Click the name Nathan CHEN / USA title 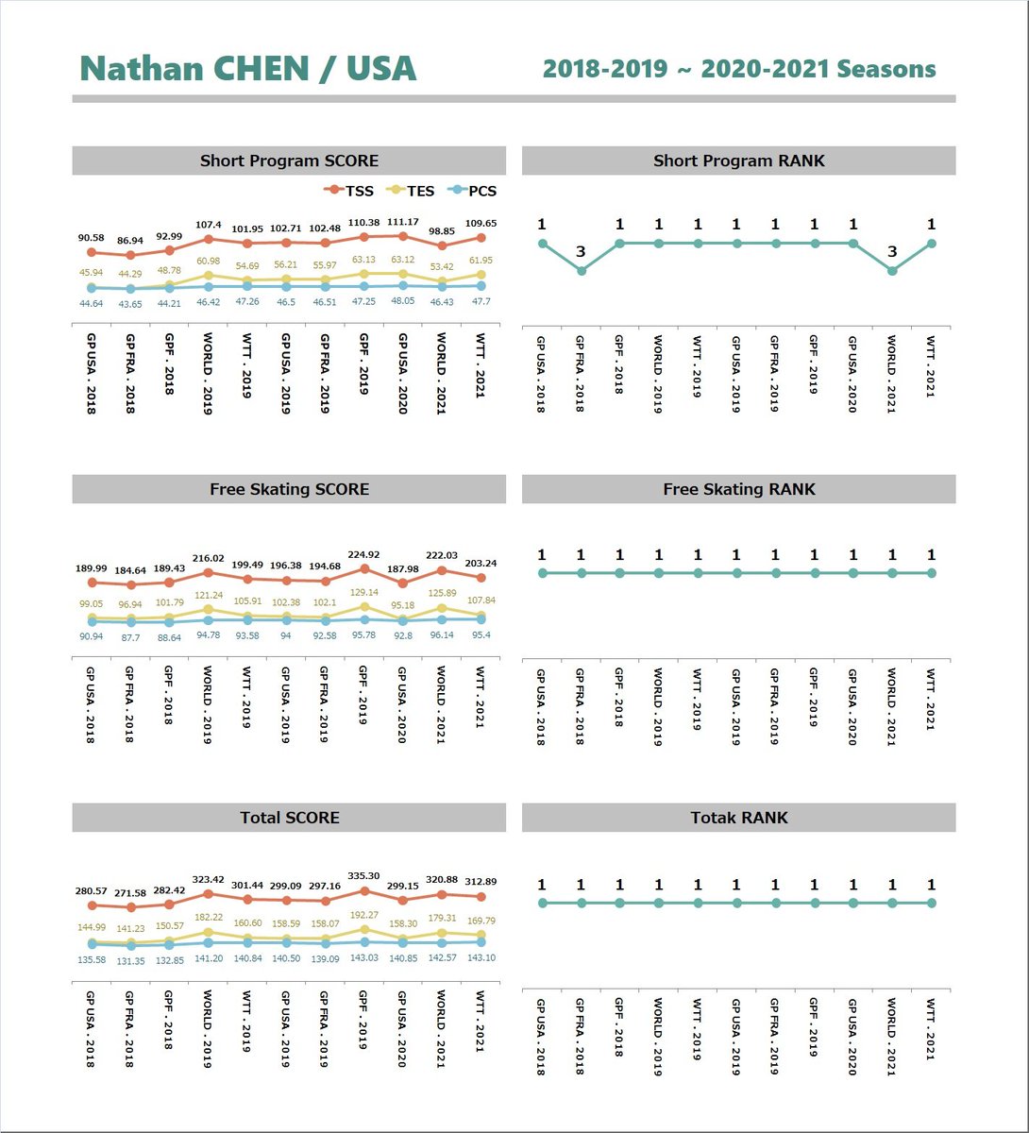(x=248, y=69)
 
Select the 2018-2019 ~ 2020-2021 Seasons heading (x=739, y=69)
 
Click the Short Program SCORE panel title (x=289, y=161)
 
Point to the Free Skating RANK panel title (x=738, y=489)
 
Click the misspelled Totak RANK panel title (x=738, y=818)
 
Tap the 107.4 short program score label (x=208, y=225)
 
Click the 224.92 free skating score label (x=363, y=555)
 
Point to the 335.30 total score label (x=363, y=876)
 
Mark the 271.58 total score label (x=130, y=893)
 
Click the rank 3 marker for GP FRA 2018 (x=582, y=270)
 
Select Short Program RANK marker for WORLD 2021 (x=892, y=270)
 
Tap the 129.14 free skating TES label (x=363, y=592)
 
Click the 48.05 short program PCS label (x=403, y=301)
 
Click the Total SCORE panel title (x=289, y=818)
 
